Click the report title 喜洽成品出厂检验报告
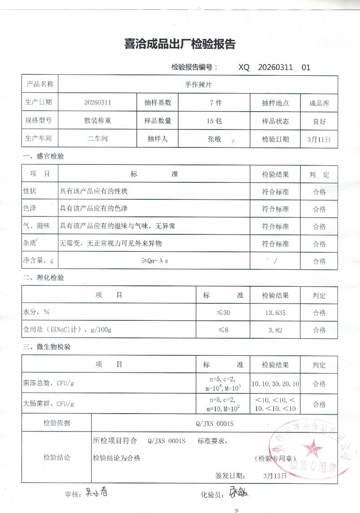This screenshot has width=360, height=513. pos(179,44)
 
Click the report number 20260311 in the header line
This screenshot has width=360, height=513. pos(275,68)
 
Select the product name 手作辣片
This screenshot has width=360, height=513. pos(198,84)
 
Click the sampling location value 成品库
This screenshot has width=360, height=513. pos(319,103)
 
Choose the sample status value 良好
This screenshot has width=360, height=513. pos(319,121)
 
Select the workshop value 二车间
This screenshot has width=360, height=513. pos(98,138)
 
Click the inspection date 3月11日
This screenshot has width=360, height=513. pos(319,139)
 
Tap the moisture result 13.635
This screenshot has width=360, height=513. pos(276,313)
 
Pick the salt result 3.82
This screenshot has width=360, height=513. pos(275,330)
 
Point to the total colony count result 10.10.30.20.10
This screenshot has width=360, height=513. pos(275,384)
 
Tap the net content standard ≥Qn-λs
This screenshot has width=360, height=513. pos(154,261)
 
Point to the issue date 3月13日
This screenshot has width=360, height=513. pos(275,475)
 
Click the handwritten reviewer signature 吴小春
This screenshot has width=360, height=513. pos(96,493)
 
